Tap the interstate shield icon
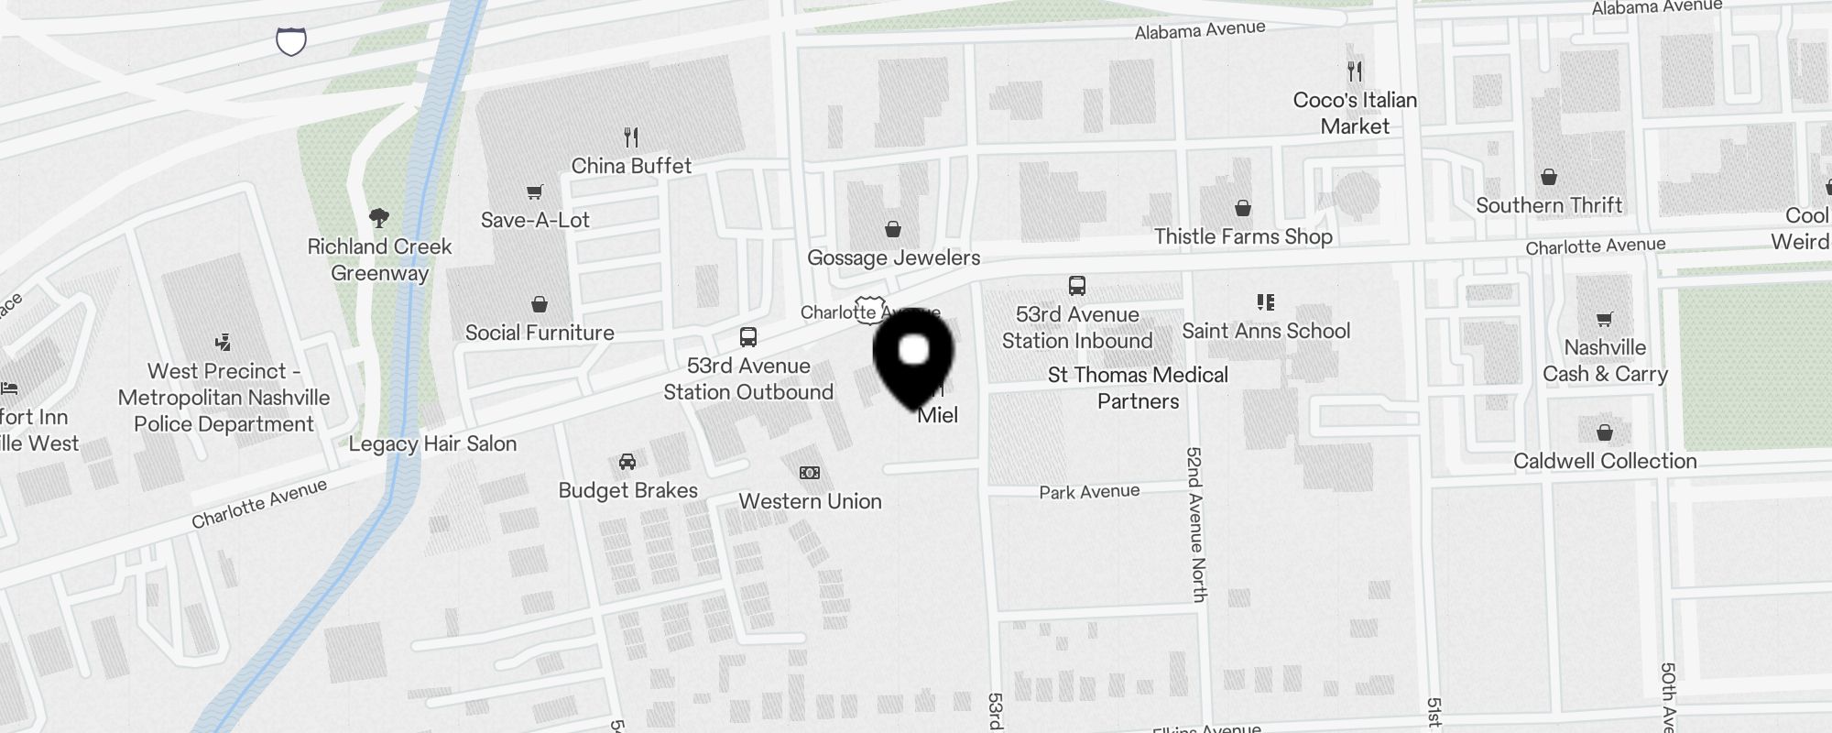click(291, 41)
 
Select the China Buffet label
click(631, 166)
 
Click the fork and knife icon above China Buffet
click(631, 137)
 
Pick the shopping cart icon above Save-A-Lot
click(535, 191)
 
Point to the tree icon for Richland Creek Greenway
click(379, 217)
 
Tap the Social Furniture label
click(540, 333)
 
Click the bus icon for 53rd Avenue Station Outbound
click(748, 337)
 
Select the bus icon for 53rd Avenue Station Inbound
click(1077, 286)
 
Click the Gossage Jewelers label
click(893, 257)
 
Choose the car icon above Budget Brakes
click(627, 462)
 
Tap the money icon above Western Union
click(810, 473)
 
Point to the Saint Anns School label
click(1266, 331)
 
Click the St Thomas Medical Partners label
click(1139, 388)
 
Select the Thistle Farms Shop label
click(1243, 236)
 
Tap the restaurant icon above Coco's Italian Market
click(1355, 71)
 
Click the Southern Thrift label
click(1549, 205)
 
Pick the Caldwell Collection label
click(1605, 461)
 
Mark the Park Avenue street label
click(1089, 492)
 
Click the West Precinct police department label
click(224, 398)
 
